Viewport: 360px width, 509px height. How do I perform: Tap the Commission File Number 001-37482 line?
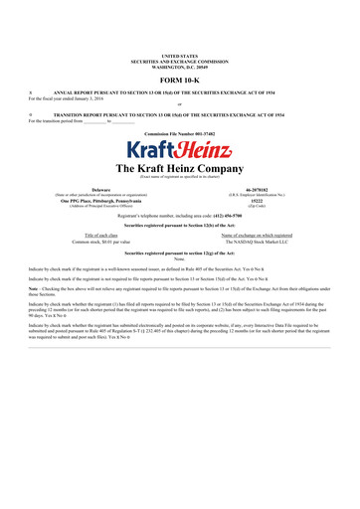pyautogui.click(x=179, y=132)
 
